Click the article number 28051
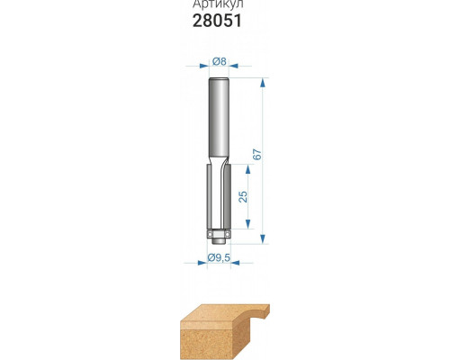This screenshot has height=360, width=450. pos(217,21)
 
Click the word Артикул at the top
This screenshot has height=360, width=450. pos(218,4)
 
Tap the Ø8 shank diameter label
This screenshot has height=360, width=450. pos(219,62)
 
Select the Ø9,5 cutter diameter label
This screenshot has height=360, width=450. pos(219,257)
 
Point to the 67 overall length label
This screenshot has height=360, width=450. pos(257,154)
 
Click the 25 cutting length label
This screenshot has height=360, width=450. pos(243,196)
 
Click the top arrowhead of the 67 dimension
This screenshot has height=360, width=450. pos(263,83)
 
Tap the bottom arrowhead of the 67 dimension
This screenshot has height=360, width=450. pos(263,238)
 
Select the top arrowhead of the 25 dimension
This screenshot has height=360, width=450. pos(247,169)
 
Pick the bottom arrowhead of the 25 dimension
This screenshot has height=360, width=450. pos(247,224)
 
